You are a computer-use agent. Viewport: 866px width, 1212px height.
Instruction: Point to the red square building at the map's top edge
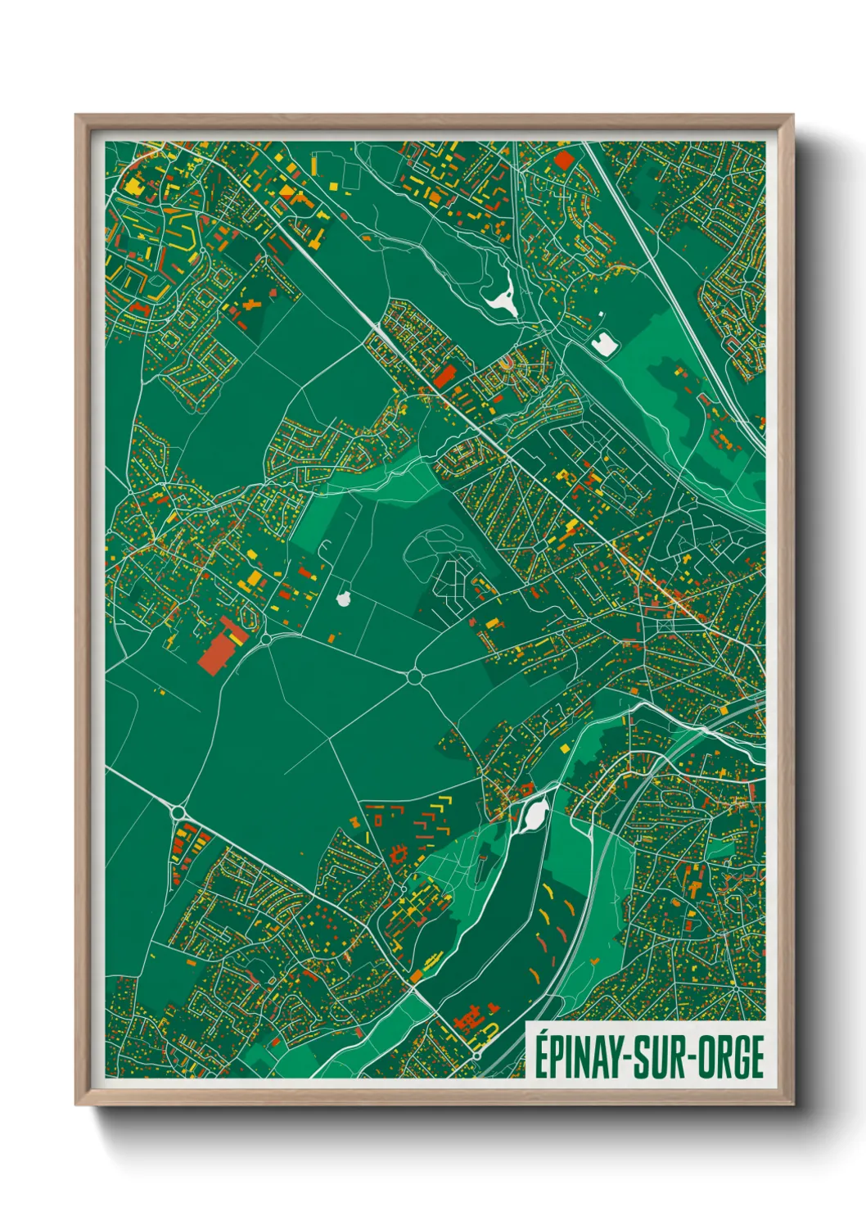click(565, 158)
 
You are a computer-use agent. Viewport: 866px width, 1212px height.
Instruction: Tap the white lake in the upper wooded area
click(503, 298)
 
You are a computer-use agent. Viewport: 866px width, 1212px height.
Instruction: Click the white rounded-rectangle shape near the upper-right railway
click(604, 345)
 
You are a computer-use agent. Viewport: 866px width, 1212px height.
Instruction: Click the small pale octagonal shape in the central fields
click(344, 599)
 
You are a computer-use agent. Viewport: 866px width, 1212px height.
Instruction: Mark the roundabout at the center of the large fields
click(414, 676)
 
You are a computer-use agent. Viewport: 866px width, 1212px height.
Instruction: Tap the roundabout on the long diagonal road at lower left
click(179, 812)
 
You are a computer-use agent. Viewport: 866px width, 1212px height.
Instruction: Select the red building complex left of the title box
click(469, 1020)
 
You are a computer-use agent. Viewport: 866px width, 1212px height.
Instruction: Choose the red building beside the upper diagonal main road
click(444, 377)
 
